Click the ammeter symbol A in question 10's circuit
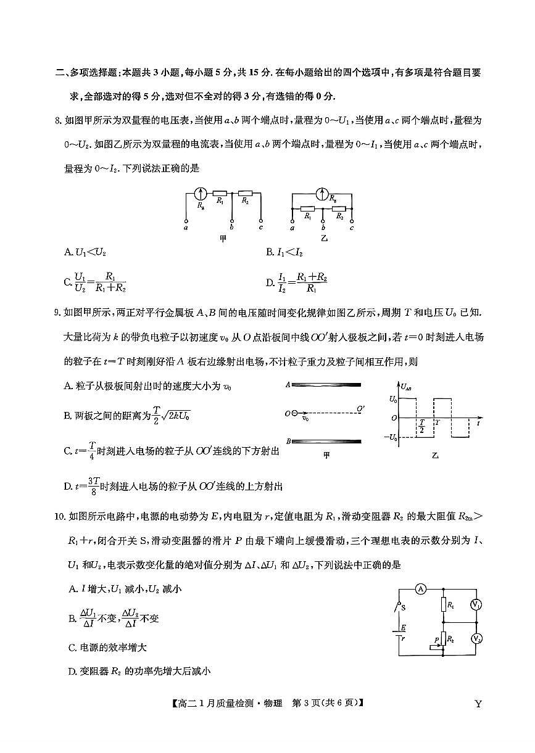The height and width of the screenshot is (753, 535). pyautogui.click(x=421, y=589)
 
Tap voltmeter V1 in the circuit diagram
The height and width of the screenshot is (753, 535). pyautogui.click(x=476, y=606)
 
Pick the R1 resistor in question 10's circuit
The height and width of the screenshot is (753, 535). pyautogui.click(x=444, y=606)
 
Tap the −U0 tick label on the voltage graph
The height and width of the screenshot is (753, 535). pyautogui.click(x=389, y=437)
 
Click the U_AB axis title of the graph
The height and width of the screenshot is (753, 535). pyautogui.click(x=407, y=387)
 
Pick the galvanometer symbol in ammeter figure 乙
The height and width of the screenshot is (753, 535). pyautogui.click(x=321, y=194)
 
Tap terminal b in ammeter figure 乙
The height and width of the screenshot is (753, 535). pyautogui.click(x=323, y=220)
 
